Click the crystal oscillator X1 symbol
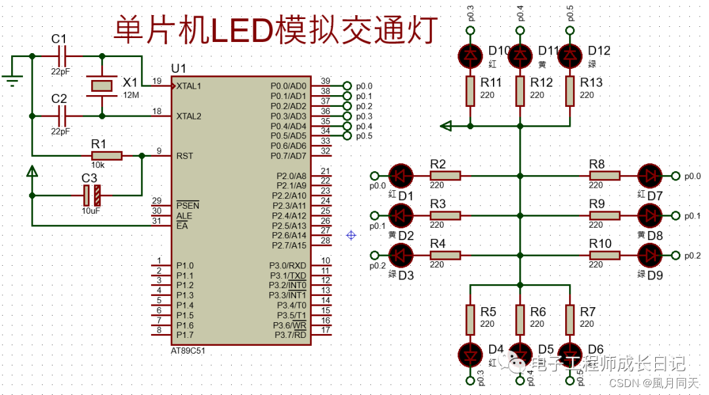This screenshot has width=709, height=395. tap(101, 85)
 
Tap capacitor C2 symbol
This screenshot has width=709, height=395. tap(62, 115)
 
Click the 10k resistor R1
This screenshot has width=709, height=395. tap(106, 156)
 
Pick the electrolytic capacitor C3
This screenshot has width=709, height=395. tap(91, 195)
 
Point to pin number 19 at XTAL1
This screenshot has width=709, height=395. tap(157, 81)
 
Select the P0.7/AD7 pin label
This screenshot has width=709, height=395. tap(288, 156)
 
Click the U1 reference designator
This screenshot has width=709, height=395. tap(178, 69)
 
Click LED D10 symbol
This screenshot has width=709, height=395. tap(470, 55)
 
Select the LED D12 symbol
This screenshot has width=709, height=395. tap(570, 55)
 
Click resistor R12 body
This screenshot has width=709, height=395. tap(520, 91)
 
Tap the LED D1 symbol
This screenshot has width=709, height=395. tap(400, 176)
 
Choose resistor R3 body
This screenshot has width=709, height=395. tap(445, 215)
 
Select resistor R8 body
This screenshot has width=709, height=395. tap(605, 176)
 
